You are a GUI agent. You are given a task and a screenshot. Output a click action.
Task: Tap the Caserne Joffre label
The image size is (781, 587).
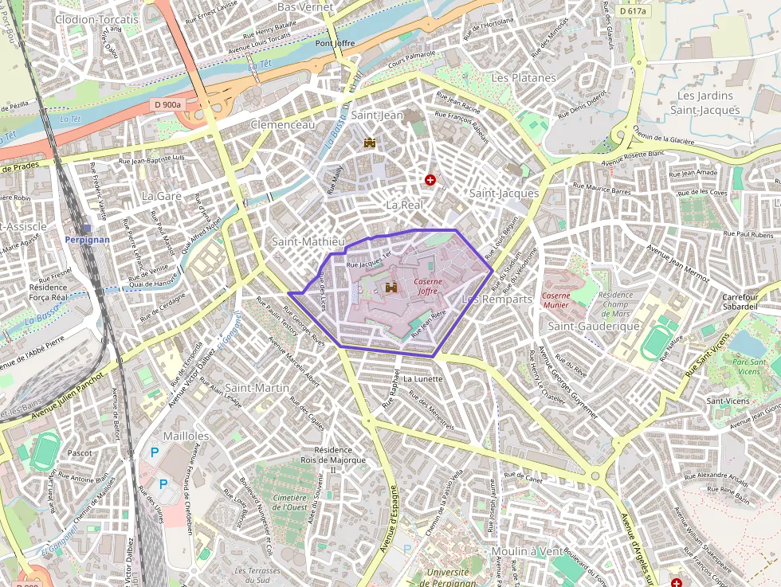click(x=428, y=286)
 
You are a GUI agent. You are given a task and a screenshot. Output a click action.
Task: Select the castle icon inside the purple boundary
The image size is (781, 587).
click(x=391, y=288)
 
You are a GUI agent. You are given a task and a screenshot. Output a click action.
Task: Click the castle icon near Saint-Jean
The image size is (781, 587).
click(x=370, y=143)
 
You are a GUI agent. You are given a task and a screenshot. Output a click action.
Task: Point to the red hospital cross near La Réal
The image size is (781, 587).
click(x=431, y=181)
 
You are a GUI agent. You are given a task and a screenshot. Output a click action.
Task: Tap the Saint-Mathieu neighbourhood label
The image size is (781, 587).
click(x=308, y=241)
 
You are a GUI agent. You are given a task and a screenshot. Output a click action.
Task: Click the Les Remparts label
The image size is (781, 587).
click(x=496, y=299)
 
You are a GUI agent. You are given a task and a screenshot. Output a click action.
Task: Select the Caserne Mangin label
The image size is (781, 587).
click(x=555, y=299)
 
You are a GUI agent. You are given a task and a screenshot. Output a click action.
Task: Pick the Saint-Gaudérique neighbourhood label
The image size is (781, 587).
click(x=595, y=327)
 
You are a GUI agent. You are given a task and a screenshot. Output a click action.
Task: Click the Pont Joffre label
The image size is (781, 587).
click(x=335, y=43)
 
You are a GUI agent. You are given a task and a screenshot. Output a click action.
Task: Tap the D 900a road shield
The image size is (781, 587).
click(x=168, y=104)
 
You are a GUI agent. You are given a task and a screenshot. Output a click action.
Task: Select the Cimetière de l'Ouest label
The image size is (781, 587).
click(x=290, y=502)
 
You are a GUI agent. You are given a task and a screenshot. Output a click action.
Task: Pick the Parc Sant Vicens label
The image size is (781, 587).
click(x=749, y=366)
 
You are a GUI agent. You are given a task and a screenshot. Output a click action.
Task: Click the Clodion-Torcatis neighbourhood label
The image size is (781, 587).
click(x=96, y=18)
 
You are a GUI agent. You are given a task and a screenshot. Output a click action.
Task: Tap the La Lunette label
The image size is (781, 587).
click(x=422, y=379)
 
